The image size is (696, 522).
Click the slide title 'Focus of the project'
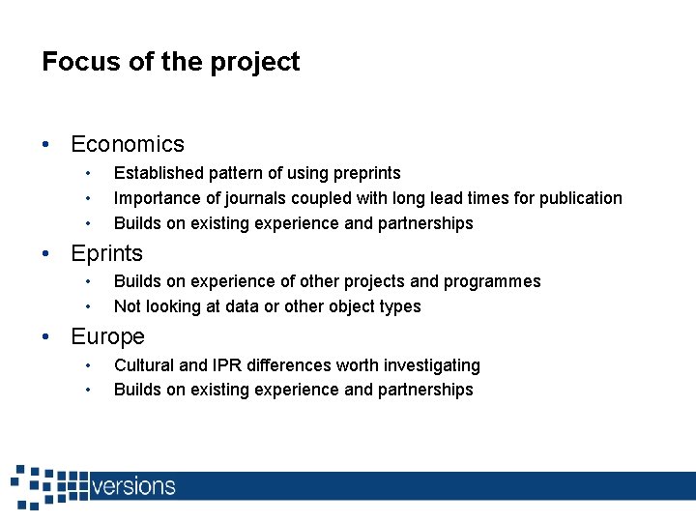pyautogui.click(x=170, y=62)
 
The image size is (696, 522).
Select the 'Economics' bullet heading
pyautogui.click(x=128, y=144)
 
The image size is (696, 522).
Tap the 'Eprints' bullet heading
pyautogui.click(x=106, y=253)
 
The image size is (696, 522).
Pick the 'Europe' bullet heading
pyautogui.click(x=107, y=336)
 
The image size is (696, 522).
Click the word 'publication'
pyautogui.click(x=580, y=198)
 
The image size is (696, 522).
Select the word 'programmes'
pyautogui.click(x=492, y=281)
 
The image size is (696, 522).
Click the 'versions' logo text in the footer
pyautogui.click(x=133, y=485)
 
